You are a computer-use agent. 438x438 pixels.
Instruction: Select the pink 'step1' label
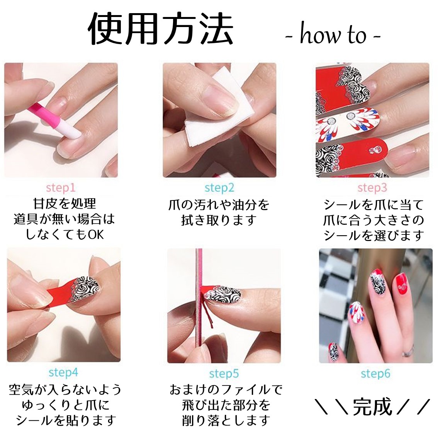pyautogui.click(x=61, y=188)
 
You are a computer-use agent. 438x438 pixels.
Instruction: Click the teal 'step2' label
pyautogui.click(x=219, y=188)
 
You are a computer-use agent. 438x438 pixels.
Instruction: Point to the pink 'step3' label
pyautogui.click(x=372, y=188)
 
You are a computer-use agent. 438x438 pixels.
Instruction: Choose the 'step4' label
pyautogui.click(x=63, y=373)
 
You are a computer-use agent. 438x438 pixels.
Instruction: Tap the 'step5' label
pyautogui.click(x=224, y=374)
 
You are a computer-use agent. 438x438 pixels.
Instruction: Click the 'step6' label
pyautogui.click(x=375, y=374)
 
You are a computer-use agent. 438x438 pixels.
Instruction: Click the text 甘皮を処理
pyautogui.click(x=65, y=204)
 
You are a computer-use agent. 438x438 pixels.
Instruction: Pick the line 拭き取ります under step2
pyautogui.click(x=219, y=221)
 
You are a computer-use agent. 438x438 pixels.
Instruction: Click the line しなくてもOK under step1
pyautogui.click(x=65, y=234)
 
